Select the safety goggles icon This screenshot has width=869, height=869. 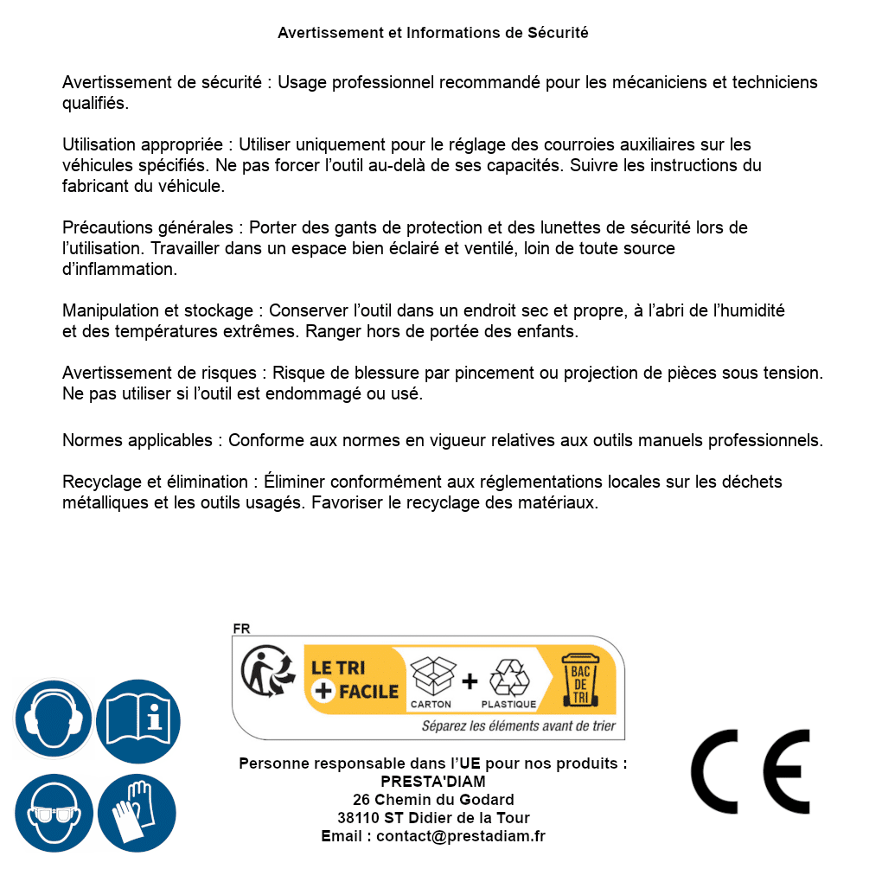(54, 814)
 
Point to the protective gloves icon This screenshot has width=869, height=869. (137, 814)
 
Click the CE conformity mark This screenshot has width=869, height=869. (751, 771)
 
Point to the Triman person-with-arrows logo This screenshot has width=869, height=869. (265, 673)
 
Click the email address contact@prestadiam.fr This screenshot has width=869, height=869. (461, 836)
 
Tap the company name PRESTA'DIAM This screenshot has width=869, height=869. (433, 782)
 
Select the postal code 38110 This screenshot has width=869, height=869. (357, 818)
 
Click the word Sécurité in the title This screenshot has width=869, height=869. (558, 33)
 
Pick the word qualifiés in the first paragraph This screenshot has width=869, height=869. (95, 103)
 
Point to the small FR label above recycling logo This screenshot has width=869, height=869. (241, 629)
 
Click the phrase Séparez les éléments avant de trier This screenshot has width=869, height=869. (518, 725)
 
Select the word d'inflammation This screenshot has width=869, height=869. (119, 269)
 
